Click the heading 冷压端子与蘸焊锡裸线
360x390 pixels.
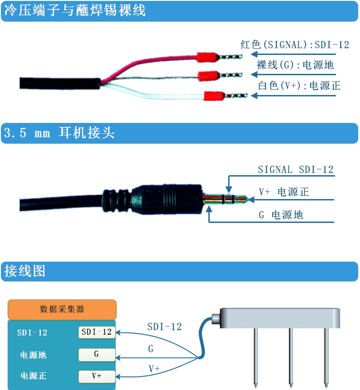75,10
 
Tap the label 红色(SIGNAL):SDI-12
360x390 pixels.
295,45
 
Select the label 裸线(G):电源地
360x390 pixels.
295,65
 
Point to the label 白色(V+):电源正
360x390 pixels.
299,86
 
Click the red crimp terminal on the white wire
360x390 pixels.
214,96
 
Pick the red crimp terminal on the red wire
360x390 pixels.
208,57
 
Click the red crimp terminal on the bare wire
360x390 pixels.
209,76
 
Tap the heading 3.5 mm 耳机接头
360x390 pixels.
59,132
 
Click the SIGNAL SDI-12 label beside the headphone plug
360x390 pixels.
296,170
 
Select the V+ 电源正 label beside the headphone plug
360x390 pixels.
284,192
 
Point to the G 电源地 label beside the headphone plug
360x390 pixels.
281,215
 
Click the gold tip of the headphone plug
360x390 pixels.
241,199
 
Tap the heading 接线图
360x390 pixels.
25,271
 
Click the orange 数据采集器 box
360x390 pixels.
62,310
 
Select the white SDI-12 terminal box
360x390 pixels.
97,332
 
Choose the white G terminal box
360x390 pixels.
97,355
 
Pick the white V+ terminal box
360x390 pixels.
97,376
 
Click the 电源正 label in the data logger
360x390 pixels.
33,376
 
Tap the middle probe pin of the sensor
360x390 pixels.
291,358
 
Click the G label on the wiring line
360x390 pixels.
151,349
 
